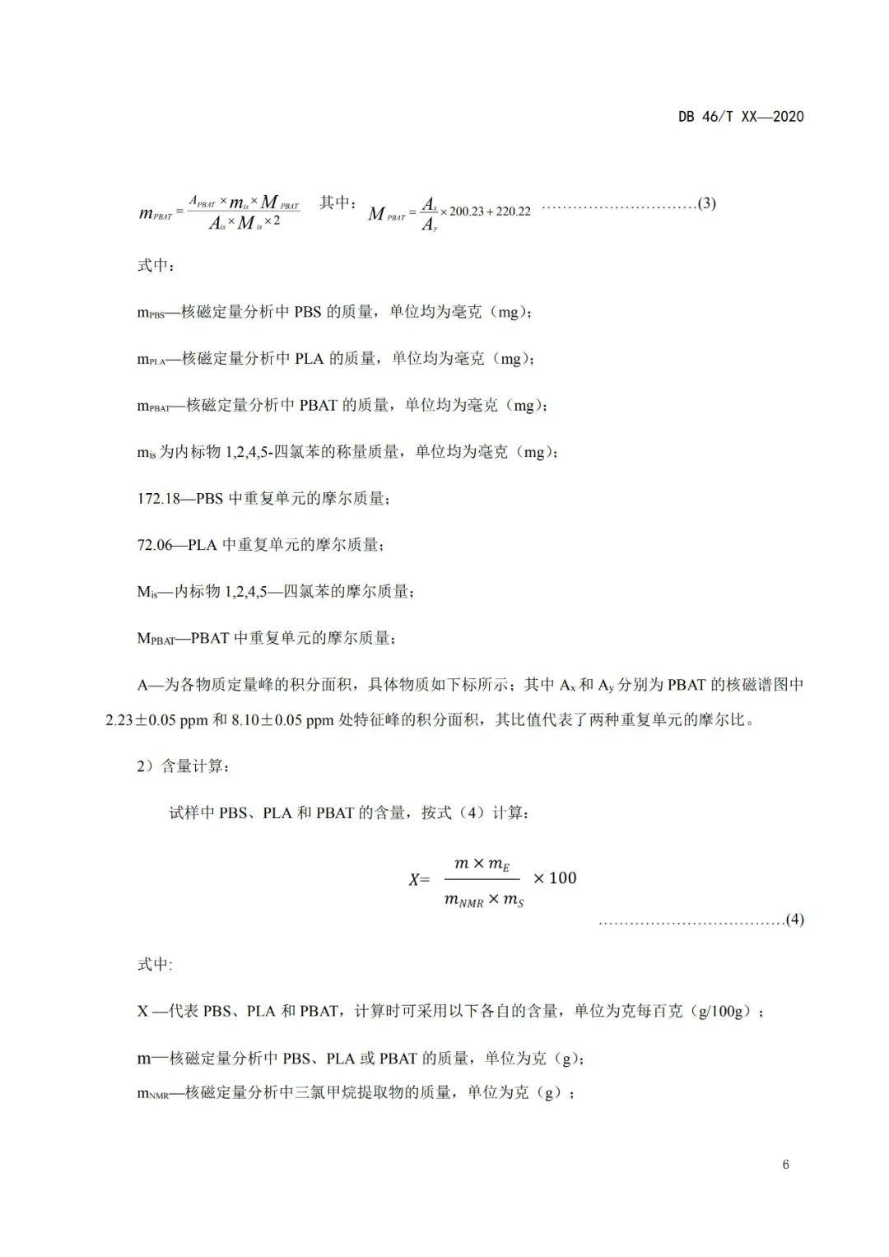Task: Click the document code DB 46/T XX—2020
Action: [x=740, y=117]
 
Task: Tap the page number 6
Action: [x=785, y=1165]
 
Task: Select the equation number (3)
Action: [x=706, y=203]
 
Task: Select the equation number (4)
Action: [x=794, y=919]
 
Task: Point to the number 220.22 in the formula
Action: [x=513, y=212]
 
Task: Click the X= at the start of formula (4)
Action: [x=420, y=879]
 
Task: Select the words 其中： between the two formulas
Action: [x=337, y=203]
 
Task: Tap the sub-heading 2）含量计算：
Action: [x=184, y=766]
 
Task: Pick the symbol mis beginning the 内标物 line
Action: [x=147, y=453]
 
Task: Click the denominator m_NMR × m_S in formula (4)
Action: [x=485, y=901]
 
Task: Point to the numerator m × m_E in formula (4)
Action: [x=483, y=864]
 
